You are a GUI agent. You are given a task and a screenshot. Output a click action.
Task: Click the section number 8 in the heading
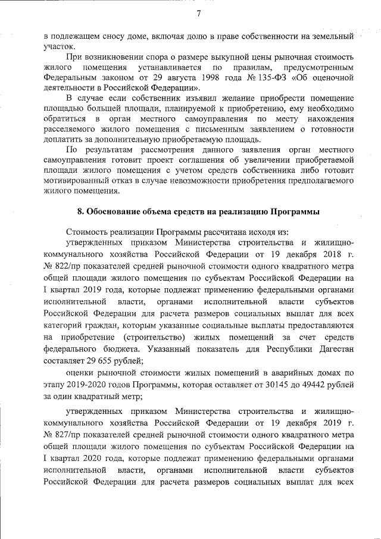pyautogui.click(x=80, y=211)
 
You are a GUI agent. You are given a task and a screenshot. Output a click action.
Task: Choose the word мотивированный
pyautogui.click(x=77, y=180)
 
